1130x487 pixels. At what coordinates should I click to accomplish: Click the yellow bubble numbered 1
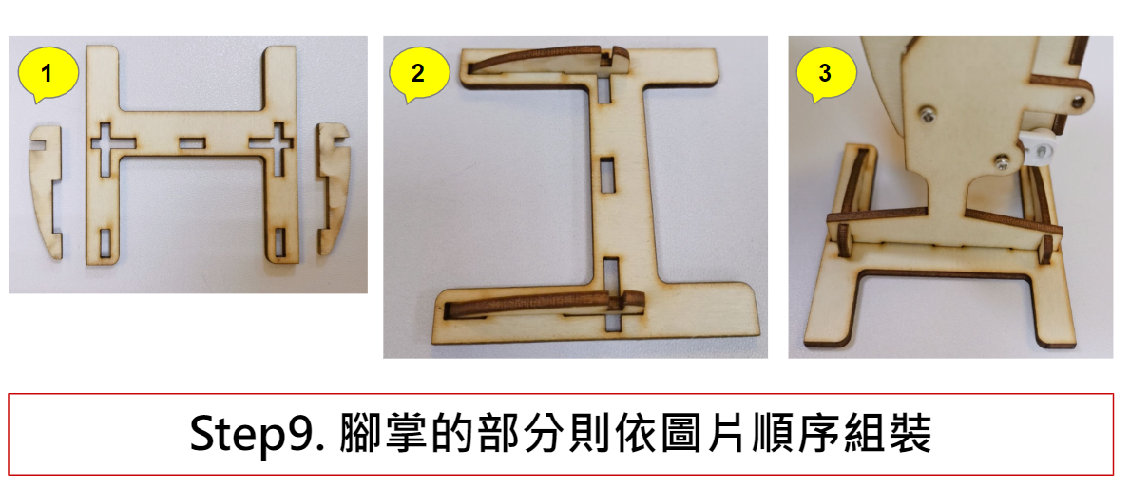(48, 73)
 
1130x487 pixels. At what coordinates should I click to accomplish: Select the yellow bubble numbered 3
(826, 73)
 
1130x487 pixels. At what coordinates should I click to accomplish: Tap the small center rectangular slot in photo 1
(191, 144)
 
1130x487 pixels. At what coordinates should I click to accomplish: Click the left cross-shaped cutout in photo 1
(107, 144)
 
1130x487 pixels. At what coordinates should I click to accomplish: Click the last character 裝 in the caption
(910, 434)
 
